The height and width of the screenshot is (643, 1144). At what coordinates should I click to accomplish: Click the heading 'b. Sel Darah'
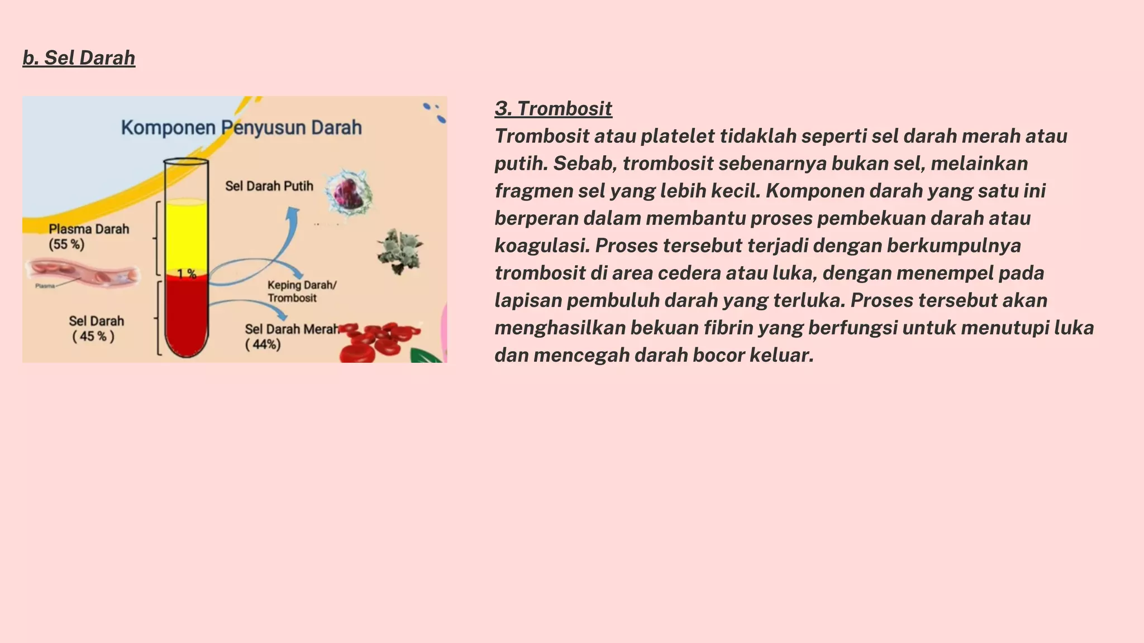pyautogui.click(x=79, y=58)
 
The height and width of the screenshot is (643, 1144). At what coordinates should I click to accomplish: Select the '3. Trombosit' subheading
pyautogui.click(x=553, y=108)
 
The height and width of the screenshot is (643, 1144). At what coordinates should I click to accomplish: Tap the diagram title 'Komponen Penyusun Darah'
pyautogui.click(x=241, y=128)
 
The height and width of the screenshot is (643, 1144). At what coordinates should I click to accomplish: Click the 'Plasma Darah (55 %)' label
pyautogui.click(x=88, y=237)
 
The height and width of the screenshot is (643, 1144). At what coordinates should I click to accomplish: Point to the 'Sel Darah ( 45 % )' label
pyautogui.click(x=96, y=328)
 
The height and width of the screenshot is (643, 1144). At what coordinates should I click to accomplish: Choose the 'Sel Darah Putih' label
pyautogui.click(x=269, y=186)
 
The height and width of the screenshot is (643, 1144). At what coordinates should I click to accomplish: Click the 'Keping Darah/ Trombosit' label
pyautogui.click(x=302, y=291)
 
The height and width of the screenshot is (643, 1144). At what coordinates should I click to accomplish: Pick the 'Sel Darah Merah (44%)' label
pyautogui.click(x=290, y=336)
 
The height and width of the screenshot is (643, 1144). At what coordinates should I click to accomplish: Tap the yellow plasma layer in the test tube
pyautogui.click(x=186, y=237)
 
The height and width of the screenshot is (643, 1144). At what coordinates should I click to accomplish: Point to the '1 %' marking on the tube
pyautogui.click(x=187, y=273)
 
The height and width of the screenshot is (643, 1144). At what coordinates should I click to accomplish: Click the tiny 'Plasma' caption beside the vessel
pyautogui.click(x=45, y=286)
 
